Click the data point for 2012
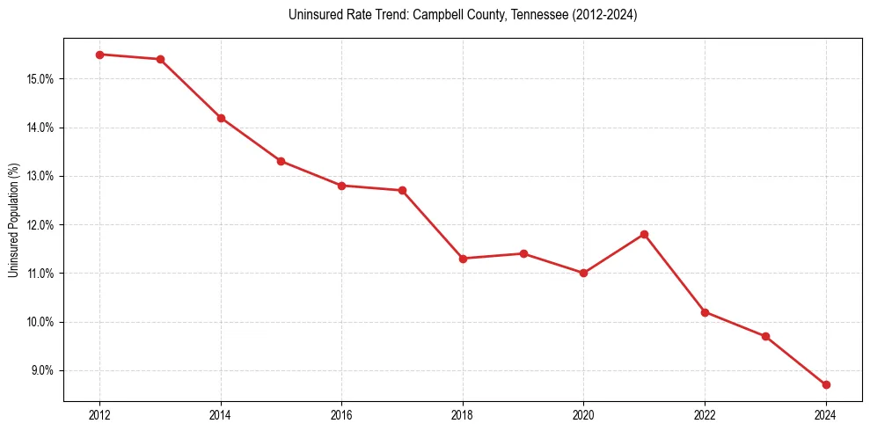(x=99, y=55)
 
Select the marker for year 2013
(x=160, y=59)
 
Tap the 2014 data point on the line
(x=221, y=118)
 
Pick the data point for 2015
(x=281, y=161)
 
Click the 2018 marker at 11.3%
(x=463, y=259)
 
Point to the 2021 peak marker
(x=644, y=234)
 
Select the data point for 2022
(x=705, y=312)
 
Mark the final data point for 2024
(x=826, y=384)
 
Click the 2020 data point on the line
(x=583, y=273)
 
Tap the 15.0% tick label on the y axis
(x=40, y=79)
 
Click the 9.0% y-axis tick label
(x=42, y=370)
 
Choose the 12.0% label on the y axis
(x=40, y=224)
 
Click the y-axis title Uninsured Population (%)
(x=14, y=220)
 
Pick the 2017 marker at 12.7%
(x=402, y=190)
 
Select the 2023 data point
(x=765, y=336)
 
